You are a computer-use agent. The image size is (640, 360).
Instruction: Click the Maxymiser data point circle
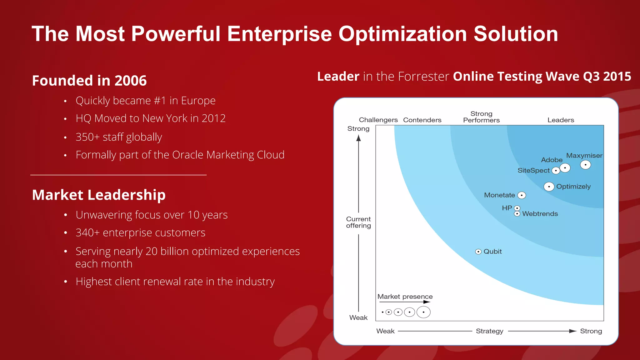pos(585,165)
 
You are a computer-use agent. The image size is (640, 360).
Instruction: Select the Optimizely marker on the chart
pos(549,187)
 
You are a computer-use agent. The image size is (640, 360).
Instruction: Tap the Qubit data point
pos(478,252)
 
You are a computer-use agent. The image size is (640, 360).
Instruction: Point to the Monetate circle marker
pos(522,195)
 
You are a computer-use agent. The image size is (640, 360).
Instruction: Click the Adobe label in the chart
pos(552,160)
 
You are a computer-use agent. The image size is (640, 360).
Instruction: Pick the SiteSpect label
pos(533,171)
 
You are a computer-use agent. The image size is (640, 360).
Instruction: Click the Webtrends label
pos(540,214)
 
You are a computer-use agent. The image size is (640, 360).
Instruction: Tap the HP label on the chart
pos(507,208)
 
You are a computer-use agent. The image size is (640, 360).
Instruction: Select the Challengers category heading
pos(378,120)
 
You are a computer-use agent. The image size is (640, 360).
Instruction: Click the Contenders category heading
pos(422,120)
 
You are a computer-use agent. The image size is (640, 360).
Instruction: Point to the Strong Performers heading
pos(481,117)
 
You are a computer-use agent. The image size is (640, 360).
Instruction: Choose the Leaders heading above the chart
pos(561,120)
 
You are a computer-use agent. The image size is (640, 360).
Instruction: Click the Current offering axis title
pos(358,222)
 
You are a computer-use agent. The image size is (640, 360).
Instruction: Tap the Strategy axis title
pos(489,331)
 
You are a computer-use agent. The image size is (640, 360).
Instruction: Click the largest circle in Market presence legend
pos(423,312)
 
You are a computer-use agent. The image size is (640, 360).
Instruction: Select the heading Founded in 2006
pos(89,81)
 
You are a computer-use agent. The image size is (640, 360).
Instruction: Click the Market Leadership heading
pos(99,195)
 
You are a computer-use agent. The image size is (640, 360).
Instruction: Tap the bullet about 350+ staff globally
pos(119,137)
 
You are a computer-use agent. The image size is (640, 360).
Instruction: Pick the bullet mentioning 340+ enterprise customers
pos(140,233)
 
